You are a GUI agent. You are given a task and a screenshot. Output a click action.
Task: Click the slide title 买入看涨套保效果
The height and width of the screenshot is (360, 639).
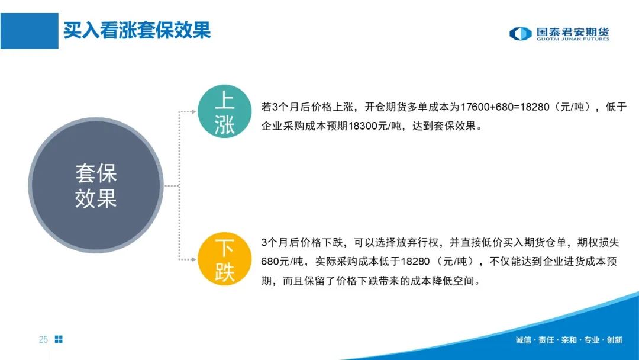pos(137,31)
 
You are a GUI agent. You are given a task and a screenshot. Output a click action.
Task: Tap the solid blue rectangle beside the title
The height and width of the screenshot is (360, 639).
pos(30,31)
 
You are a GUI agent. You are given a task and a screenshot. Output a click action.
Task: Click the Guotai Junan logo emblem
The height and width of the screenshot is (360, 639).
pos(521,33)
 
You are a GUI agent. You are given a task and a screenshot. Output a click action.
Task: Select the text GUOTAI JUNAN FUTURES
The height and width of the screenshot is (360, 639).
pos(573,39)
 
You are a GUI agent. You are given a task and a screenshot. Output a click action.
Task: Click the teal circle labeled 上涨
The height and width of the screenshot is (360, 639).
pos(225,111)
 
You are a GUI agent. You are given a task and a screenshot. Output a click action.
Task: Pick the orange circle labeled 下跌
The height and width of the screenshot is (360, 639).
pos(225,259)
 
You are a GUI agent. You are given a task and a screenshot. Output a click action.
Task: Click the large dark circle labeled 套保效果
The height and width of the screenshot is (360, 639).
pos(96,185)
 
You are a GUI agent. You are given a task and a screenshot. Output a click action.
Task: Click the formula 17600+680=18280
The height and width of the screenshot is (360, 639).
pos(505,107)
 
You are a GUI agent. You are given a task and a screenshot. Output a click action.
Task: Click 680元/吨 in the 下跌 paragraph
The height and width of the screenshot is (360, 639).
pos(282,261)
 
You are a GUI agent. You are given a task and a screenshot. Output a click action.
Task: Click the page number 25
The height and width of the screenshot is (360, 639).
pos(43,339)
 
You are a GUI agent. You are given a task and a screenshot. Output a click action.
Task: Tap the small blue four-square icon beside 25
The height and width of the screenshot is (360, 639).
pos(59,339)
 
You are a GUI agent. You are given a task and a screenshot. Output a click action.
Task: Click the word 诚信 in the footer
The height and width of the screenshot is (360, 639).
pos(523,340)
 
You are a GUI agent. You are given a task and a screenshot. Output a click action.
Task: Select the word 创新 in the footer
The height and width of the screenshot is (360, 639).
pos(615,340)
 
